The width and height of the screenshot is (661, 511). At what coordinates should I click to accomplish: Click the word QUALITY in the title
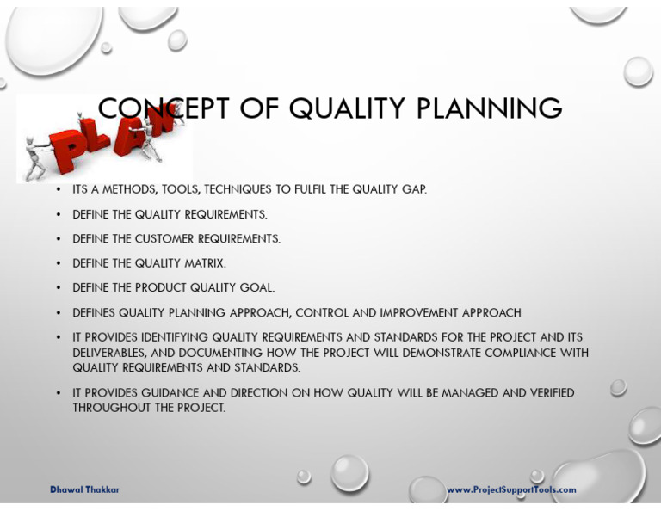point(348,109)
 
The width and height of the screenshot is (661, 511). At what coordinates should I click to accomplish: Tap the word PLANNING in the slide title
point(490,109)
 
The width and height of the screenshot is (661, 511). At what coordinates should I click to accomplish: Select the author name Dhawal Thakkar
point(84,489)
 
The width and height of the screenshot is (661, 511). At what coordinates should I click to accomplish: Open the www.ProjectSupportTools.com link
point(511,489)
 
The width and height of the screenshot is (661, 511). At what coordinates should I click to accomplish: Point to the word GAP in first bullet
point(414,189)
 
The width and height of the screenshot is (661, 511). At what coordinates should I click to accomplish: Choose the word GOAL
point(256,288)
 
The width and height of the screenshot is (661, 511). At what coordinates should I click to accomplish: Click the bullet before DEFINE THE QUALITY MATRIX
point(58,263)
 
